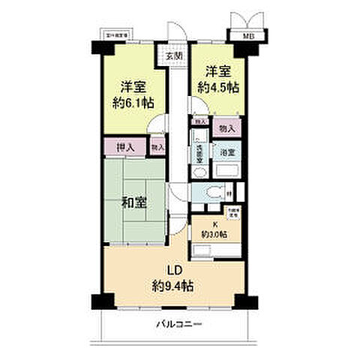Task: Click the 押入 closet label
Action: click(124, 148)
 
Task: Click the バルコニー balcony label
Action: click(180, 325)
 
